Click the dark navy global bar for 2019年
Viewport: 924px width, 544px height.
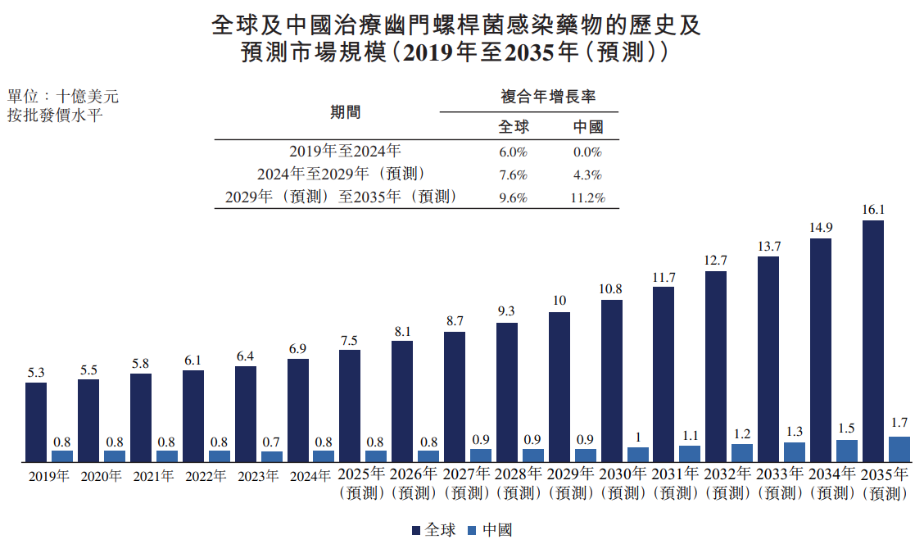pos(36,422)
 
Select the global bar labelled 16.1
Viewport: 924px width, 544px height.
pos(872,342)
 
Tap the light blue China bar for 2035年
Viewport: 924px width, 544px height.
pos(899,449)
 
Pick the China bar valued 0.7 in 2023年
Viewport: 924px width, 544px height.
pos(272,457)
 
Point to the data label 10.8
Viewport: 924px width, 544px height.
pos(610,289)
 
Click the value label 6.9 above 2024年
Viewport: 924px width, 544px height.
pos(297,349)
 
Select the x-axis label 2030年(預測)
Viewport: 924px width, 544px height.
pos(623,483)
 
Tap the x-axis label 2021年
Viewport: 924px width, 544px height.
pos(153,476)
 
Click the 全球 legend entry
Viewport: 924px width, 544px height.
pos(433,530)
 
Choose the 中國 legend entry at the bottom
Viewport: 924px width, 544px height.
pos(490,530)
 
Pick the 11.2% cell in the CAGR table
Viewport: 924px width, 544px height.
pos(587,198)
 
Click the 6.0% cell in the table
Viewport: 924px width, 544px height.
pos(513,152)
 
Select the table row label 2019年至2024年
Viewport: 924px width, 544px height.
pos(345,152)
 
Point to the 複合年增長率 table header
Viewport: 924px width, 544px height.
pos(548,97)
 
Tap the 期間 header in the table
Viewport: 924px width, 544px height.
pos(346,112)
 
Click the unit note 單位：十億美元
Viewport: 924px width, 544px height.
pos(63,96)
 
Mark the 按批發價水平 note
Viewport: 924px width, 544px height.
pos(55,115)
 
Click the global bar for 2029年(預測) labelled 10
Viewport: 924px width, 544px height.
pos(559,388)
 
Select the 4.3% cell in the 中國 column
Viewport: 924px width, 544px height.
pos(587,175)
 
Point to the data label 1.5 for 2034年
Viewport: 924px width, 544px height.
pos(846,428)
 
